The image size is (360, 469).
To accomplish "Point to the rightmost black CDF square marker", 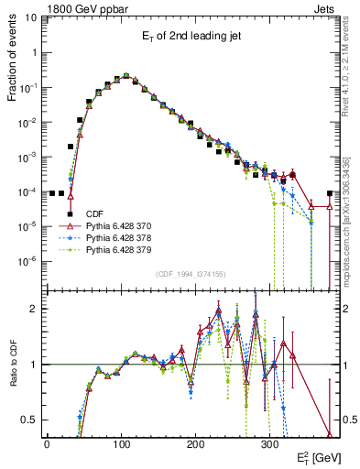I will [x=329, y=193].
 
